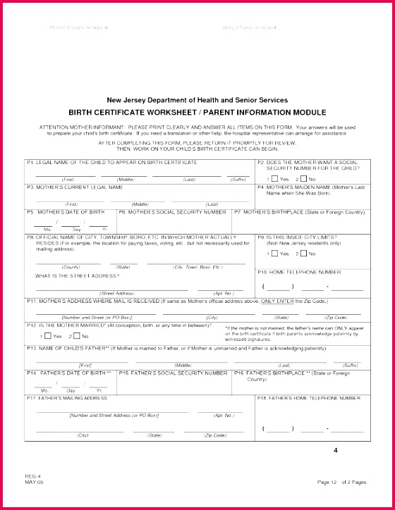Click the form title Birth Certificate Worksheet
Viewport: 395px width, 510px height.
tap(197, 112)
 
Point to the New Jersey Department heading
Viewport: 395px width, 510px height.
tap(197, 100)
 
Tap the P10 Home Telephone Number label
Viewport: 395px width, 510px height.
tap(299, 271)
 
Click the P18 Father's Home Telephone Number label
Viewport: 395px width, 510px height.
tap(308, 398)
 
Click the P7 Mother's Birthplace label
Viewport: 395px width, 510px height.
tap(299, 211)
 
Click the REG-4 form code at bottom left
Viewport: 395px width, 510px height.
tap(34, 476)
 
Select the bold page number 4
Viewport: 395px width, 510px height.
tap(336, 450)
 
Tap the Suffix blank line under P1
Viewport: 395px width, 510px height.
tap(238, 175)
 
